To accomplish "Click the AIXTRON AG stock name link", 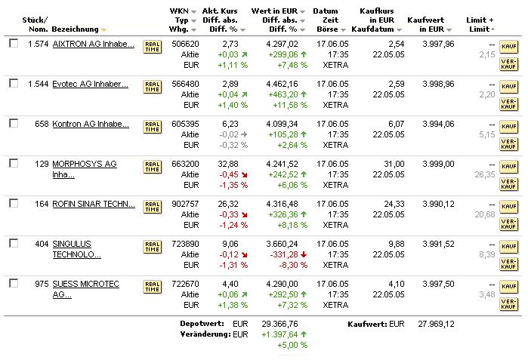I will [92, 45].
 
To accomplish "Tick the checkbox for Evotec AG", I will [14, 83].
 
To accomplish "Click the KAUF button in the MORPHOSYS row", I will [508, 168].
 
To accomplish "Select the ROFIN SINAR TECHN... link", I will [94, 205].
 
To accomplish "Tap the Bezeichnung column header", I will [75, 29].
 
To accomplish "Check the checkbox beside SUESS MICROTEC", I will [14, 283].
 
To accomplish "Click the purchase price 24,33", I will [394, 204].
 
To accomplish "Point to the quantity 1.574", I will [38, 45].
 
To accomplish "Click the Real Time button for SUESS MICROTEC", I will [152, 286].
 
